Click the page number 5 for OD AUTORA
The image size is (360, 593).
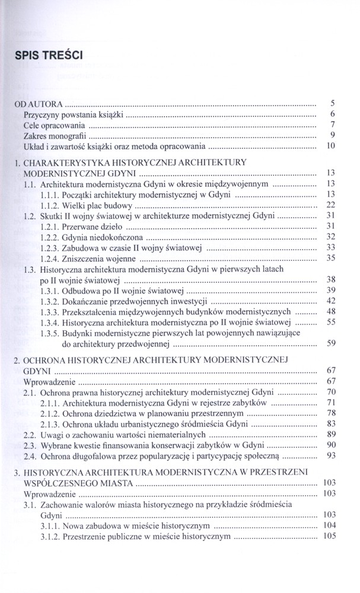pos(333,103)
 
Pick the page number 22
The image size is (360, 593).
pos(331,205)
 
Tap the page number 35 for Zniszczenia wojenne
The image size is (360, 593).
pos(331,258)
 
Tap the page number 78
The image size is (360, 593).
pos(331,413)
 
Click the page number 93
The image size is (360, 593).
pos(331,455)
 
